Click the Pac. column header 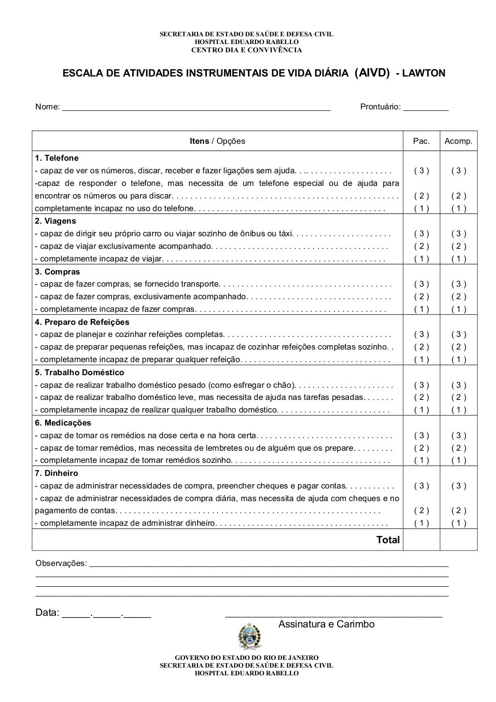click(x=421, y=141)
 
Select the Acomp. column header click(x=458, y=141)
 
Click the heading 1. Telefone click(x=57, y=158)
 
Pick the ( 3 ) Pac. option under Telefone click(x=421, y=170)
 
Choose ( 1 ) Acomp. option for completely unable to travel click(x=458, y=259)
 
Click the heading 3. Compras click(x=58, y=272)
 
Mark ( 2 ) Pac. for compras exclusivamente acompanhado click(x=421, y=297)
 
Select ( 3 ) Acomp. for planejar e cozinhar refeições click(x=458, y=335)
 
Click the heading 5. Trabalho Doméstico click(x=79, y=372)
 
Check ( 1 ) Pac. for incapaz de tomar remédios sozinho click(x=421, y=460)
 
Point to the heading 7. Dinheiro click(x=57, y=473)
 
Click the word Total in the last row click(x=388, y=540)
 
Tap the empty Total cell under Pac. click(x=421, y=540)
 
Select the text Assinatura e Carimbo click(x=326, y=625)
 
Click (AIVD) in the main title click(x=372, y=73)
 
